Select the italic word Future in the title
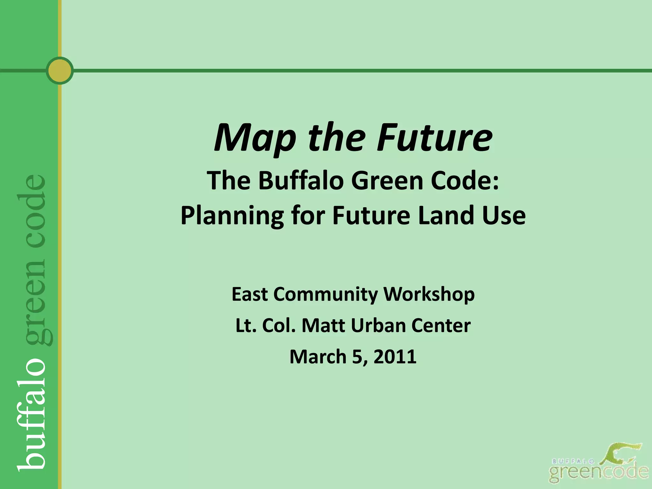pos(434,138)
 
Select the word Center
pos(441,325)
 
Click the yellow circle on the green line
pos(60,70)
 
